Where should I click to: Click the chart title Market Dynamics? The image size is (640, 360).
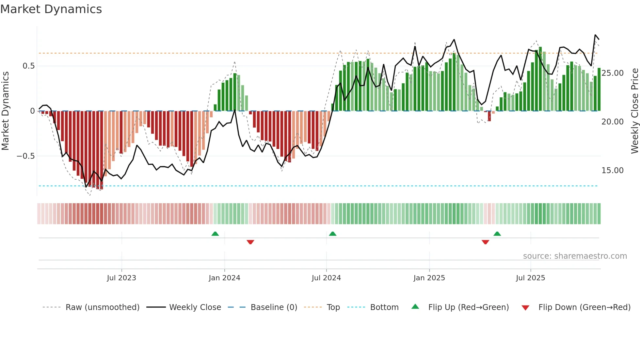coord(51,9)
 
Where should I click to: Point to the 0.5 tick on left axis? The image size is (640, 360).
coord(28,66)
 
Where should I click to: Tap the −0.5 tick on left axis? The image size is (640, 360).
coord(25,156)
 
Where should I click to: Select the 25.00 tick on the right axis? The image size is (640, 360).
coord(612,73)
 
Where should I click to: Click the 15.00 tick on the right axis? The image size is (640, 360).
coord(612,171)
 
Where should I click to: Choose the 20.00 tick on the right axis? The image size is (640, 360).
coord(612,122)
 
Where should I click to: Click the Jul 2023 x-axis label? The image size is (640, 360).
coord(121,278)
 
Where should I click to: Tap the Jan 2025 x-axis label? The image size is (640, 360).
coord(429,278)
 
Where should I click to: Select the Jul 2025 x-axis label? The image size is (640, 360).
coord(530,278)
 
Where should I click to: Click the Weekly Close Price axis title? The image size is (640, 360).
coord(634,111)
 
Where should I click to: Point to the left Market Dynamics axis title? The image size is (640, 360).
coord(5,111)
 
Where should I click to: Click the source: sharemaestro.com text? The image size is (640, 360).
coord(575,256)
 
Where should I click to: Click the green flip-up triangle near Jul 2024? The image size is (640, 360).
coord(332,234)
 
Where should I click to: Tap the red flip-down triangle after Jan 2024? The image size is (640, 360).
coord(250,242)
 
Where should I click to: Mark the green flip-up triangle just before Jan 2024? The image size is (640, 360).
coord(215,234)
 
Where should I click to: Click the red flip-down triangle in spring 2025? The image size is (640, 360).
coord(485,242)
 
